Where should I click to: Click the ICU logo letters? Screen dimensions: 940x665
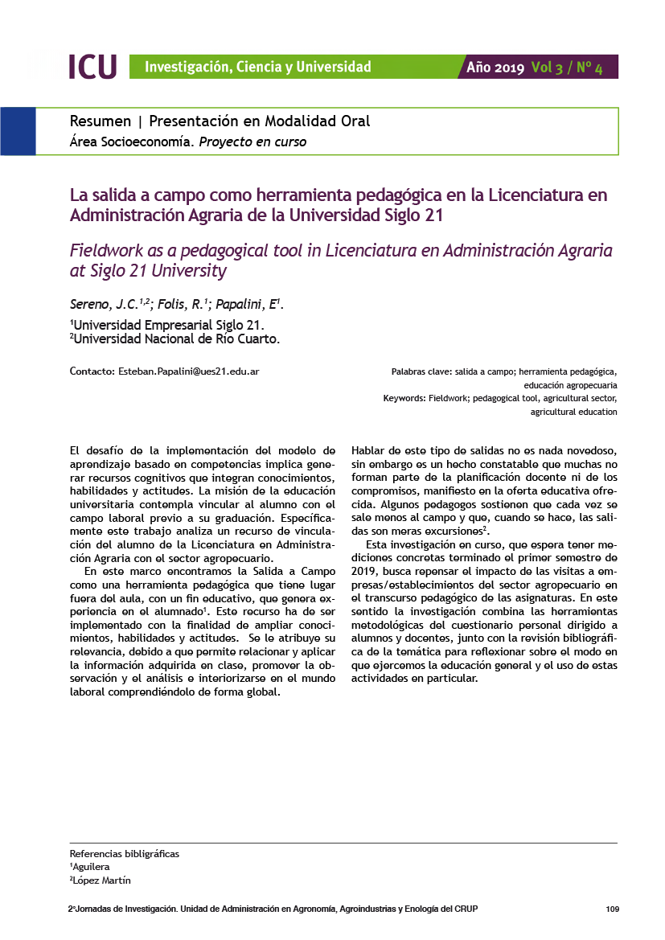(92, 67)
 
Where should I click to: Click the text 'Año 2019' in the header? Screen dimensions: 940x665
(495, 68)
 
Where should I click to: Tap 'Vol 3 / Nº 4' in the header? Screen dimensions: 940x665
(567, 68)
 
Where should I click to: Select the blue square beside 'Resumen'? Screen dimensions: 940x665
(18, 131)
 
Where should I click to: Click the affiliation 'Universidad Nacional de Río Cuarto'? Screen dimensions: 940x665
(176, 339)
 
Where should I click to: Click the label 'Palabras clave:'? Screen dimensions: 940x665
(421, 372)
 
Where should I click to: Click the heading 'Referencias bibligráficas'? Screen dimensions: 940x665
(125, 853)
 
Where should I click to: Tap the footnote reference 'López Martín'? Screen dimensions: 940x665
(101, 880)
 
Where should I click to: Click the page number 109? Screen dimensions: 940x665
(612, 909)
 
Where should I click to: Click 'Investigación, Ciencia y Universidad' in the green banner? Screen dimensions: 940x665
(257, 67)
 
